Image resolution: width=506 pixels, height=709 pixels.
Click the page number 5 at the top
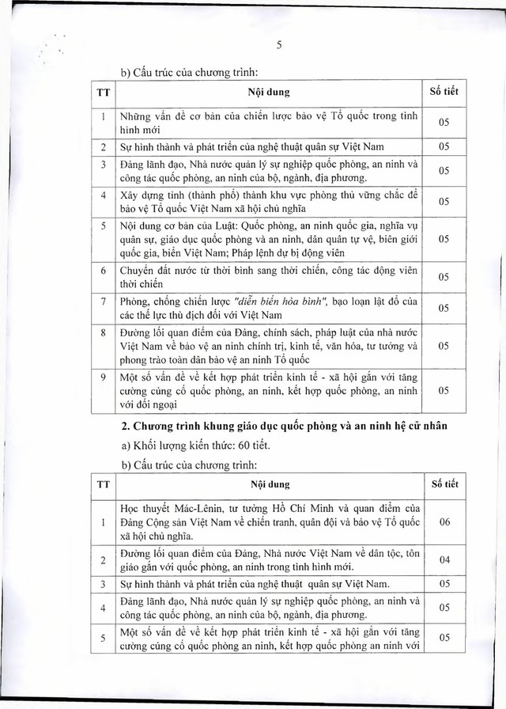[279, 45]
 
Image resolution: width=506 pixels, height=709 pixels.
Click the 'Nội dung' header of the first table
[269, 92]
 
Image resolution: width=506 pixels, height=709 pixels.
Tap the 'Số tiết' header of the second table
[444, 483]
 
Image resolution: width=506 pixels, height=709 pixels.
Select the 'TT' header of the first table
[103, 92]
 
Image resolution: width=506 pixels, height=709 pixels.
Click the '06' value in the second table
[444, 522]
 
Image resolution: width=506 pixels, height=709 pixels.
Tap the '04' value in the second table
[444, 560]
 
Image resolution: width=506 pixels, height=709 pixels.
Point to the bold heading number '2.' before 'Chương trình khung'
[124, 427]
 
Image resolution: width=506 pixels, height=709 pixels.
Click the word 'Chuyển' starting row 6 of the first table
[139, 270]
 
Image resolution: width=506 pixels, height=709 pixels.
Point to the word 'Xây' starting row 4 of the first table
[129, 194]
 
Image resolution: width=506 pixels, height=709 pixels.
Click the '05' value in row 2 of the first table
[444, 147]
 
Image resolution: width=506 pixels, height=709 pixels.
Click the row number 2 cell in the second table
[103, 560]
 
